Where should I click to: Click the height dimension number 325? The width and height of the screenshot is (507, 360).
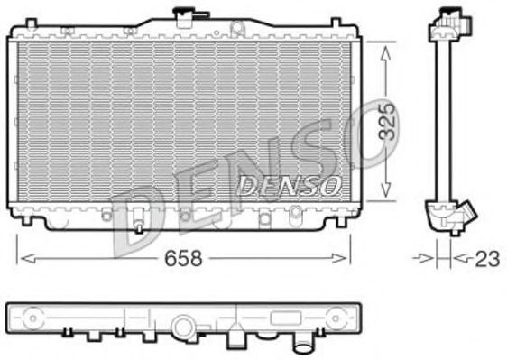pos(386,121)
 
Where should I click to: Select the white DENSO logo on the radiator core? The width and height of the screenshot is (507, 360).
pos(289,185)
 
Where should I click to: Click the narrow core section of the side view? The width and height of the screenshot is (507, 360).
pos(443,117)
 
